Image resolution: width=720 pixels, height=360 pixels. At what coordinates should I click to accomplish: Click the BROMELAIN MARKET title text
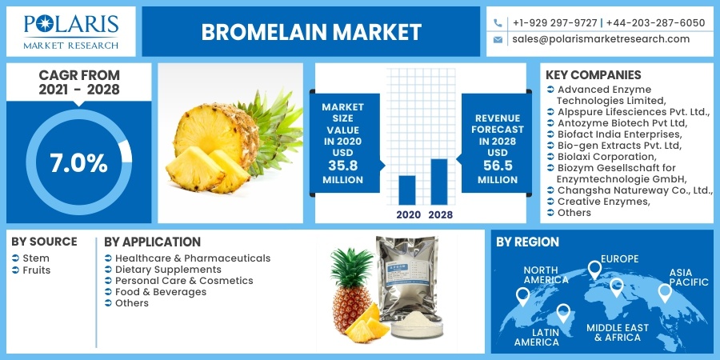(x=311, y=32)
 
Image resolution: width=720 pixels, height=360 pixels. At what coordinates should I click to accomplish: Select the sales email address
(x=601, y=39)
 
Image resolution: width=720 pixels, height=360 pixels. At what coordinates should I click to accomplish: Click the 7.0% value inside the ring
(x=78, y=163)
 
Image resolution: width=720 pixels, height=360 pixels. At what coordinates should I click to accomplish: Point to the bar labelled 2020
(x=406, y=190)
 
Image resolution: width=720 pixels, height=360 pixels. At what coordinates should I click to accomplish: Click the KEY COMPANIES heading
(x=593, y=75)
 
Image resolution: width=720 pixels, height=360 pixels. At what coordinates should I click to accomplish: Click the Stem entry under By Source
(x=37, y=258)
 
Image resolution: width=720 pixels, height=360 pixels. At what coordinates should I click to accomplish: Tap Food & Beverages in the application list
(x=161, y=292)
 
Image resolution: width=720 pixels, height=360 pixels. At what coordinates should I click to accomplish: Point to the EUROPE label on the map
(x=620, y=259)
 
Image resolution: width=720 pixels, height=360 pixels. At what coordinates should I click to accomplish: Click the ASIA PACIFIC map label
(x=689, y=278)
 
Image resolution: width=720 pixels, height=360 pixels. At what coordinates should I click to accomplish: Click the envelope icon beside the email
(x=498, y=39)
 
